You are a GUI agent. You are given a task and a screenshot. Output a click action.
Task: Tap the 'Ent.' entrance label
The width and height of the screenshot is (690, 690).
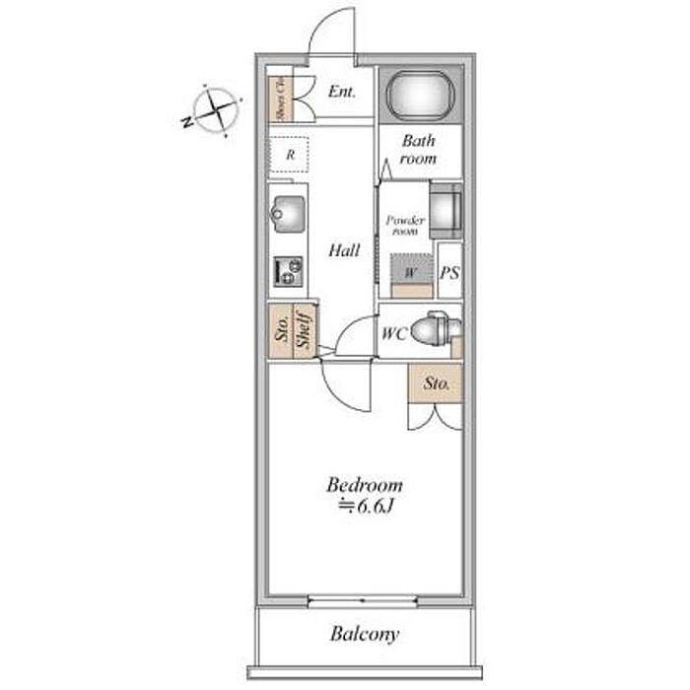point(341,93)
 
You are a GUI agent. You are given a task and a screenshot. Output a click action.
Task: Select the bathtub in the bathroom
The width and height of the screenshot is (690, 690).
point(420,96)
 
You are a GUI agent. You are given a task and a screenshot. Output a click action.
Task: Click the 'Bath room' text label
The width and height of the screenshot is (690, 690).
point(419,150)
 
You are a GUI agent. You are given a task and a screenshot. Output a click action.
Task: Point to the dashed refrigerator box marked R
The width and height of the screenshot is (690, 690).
point(290,155)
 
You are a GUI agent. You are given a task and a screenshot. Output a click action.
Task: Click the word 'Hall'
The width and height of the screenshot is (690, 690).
point(343,250)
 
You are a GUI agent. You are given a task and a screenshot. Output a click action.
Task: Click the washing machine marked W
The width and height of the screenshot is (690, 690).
point(410,271)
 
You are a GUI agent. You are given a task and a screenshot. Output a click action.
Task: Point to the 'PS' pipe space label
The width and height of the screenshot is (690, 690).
point(449,272)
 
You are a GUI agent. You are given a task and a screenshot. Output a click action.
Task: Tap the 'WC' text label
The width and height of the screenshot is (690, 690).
point(392,332)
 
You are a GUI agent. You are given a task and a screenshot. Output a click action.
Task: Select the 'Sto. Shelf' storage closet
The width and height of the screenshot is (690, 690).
point(292,332)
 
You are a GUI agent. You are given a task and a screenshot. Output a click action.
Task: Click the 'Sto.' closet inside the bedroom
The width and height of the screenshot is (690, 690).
point(436,383)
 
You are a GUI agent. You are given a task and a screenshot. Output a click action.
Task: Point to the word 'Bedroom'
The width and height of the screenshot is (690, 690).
point(365,485)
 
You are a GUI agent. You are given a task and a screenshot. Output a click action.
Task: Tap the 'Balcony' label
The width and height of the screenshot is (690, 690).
point(364,634)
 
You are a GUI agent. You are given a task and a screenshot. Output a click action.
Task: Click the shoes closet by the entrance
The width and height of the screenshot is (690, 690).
point(279,97)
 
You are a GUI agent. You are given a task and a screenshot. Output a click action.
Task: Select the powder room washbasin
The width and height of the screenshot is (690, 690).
point(445,209)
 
